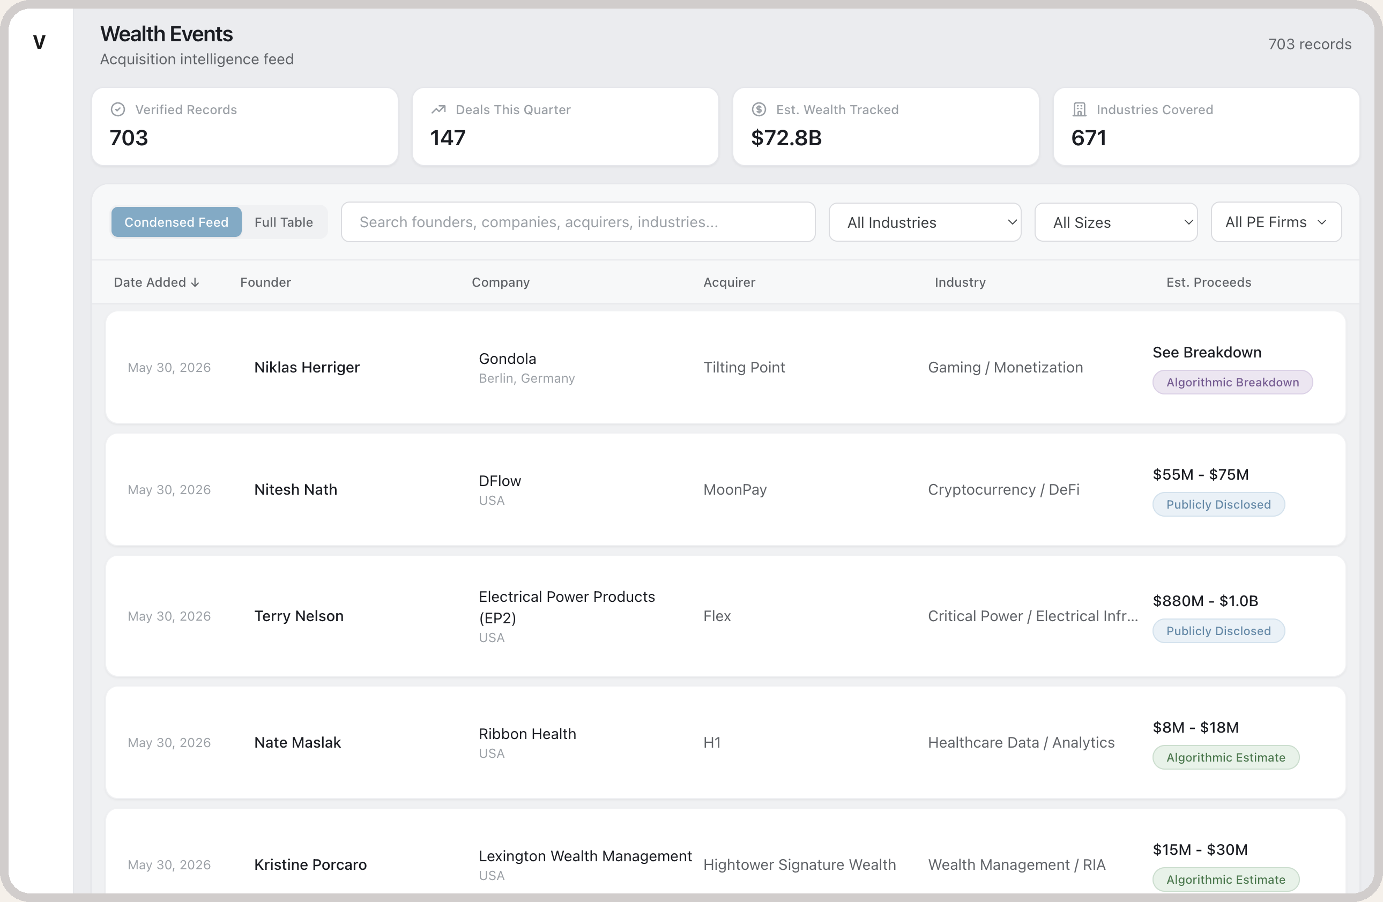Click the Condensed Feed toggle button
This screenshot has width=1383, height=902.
(x=176, y=222)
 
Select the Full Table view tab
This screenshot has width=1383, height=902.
(x=284, y=222)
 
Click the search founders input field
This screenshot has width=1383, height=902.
(x=578, y=222)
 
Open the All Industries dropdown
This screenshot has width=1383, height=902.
(x=925, y=222)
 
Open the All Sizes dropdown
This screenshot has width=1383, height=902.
(x=1116, y=222)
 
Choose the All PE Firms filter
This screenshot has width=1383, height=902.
(x=1276, y=222)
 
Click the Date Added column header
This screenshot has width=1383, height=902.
(x=157, y=282)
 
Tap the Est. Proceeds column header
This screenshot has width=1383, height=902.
(x=1209, y=282)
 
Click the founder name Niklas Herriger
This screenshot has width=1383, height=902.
(x=307, y=367)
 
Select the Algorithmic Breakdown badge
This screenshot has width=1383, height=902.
(x=1232, y=382)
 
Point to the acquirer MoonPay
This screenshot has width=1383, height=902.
(x=735, y=490)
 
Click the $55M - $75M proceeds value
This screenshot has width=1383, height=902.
(x=1201, y=474)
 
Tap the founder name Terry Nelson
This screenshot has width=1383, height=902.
(x=299, y=616)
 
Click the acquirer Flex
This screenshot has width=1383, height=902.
(x=717, y=616)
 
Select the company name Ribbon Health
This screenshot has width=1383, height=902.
(x=527, y=734)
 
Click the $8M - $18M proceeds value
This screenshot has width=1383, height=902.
(x=1196, y=727)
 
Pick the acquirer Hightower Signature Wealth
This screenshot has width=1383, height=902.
(x=800, y=864)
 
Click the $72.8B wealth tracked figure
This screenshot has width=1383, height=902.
(x=786, y=138)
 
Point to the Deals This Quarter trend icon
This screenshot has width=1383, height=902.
(x=438, y=109)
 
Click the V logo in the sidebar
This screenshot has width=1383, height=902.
(x=39, y=42)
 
